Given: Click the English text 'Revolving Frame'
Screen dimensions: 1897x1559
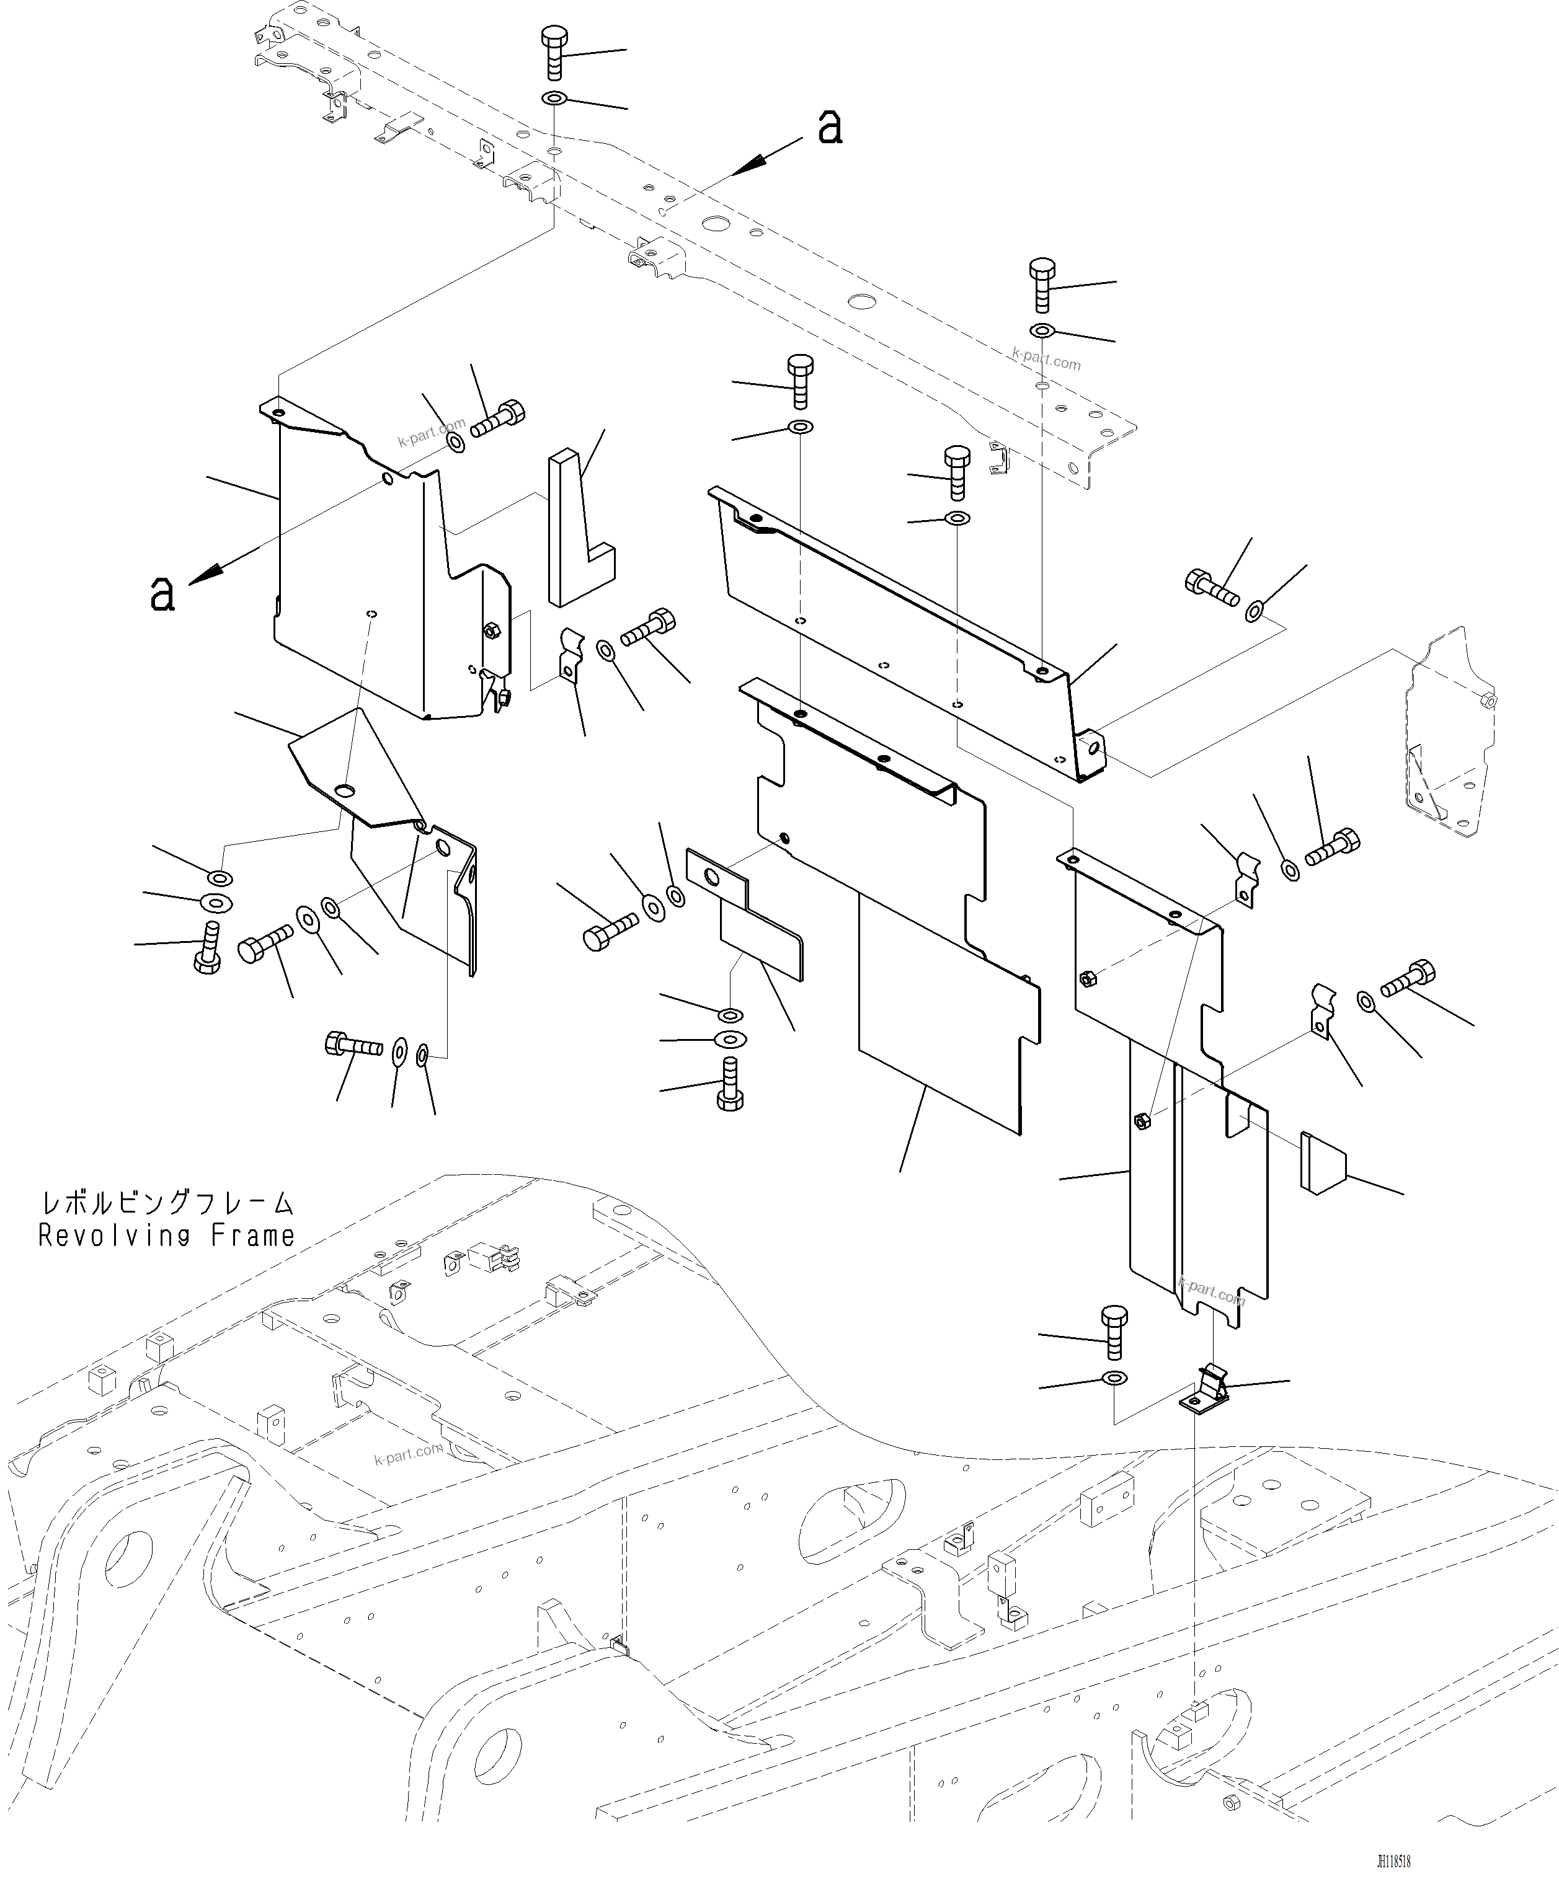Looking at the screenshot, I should pos(166,1236).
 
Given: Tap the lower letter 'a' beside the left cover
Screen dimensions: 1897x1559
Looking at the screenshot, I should pos(162,593).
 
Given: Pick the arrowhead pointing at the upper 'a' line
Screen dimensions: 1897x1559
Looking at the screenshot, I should pos(747,165).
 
